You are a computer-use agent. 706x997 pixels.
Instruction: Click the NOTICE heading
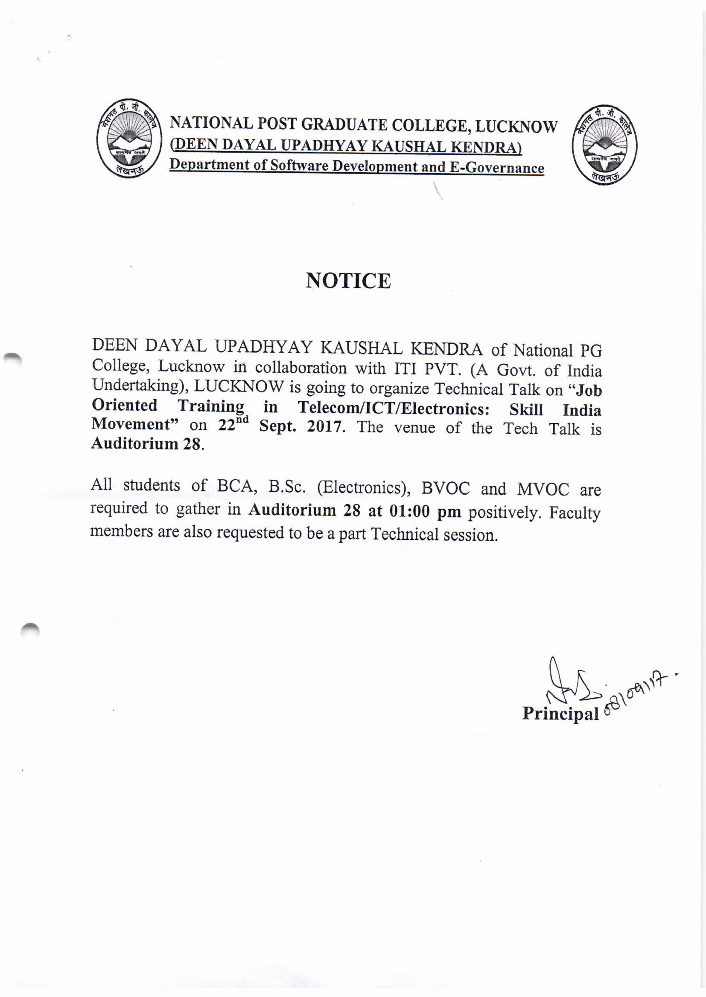pyautogui.click(x=348, y=281)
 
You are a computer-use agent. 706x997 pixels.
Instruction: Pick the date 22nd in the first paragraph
pyautogui.click(x=233, y=424)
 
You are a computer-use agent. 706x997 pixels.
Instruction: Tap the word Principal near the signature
pyautogui.click(x=560, y=713)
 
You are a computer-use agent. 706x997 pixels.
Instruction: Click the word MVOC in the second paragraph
pyautogui.click(x=543, y=490)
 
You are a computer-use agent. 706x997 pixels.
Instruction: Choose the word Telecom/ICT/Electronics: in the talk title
pyautogui.click(x=394, y=408)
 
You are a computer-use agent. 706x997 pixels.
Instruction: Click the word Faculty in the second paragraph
pyautogui.click(x=574, y=513)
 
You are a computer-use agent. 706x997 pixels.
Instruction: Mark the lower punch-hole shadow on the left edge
pyautogui.click(x=30, y=630)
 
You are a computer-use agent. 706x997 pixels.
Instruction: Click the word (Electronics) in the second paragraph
pyautogui.click(x=364, y=488)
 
